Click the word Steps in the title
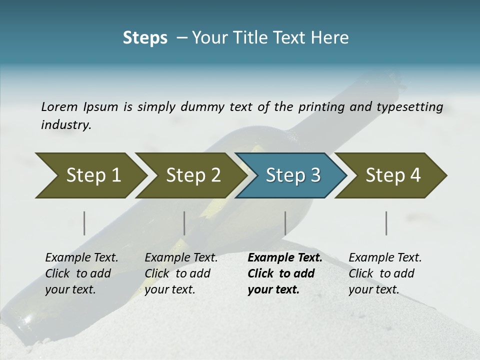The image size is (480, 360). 145,37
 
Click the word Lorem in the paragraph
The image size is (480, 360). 59,106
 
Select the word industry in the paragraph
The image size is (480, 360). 65,124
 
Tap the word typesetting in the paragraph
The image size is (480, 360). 413,106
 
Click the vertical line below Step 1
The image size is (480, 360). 84,223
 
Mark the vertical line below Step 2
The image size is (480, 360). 184,223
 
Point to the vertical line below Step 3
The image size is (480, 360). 285,223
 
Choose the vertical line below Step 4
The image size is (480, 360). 386,223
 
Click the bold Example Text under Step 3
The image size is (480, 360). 285,258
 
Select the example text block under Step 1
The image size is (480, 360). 81,273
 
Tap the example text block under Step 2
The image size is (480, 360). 181,273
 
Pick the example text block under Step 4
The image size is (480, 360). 385,273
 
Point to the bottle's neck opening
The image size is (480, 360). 391,80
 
